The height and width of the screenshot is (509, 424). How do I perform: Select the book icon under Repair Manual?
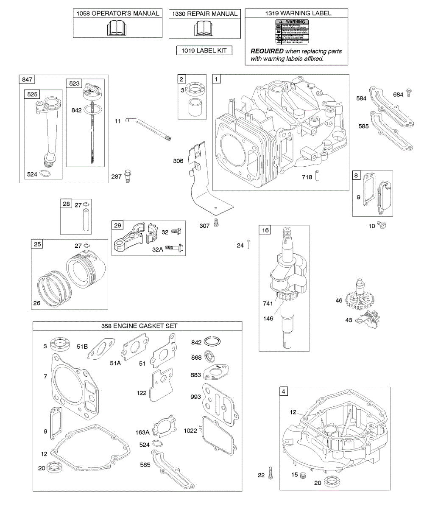(204, 29)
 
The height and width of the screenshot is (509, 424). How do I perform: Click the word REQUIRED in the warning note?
(267, 51)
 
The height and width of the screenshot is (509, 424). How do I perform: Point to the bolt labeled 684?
(409, 92)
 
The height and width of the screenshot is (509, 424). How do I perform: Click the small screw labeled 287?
(127, 176)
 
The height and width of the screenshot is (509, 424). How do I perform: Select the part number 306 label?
(178, 161)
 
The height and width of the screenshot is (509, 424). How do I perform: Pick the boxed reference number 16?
(265, 230)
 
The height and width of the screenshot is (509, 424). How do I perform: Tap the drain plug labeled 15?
(303, 475)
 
